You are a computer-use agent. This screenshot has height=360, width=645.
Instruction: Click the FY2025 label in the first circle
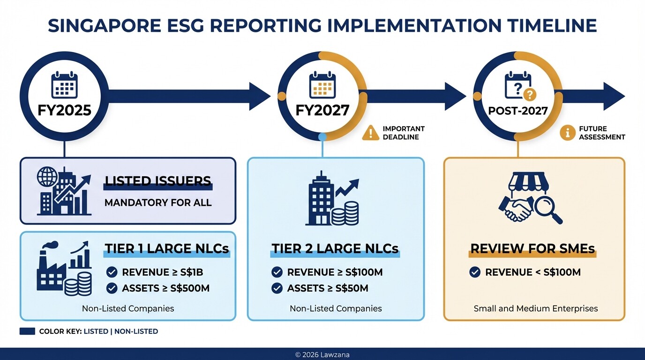click(x=64, y=110)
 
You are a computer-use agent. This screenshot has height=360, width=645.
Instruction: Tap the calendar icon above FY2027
click(x=322, y=85)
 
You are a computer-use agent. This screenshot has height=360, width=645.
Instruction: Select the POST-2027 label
click(x=518, y=111)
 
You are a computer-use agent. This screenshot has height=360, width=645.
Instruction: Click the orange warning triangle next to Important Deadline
click(x=370, y=133)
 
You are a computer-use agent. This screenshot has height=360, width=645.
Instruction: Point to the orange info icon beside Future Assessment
click(x=567, y=133)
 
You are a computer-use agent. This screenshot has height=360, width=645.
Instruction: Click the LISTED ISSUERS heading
click(x=157, y=181)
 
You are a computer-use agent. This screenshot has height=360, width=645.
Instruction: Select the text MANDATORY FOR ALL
click(x=158, y=203)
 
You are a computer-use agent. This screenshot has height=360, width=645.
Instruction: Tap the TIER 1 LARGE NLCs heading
click(x=167, y=248)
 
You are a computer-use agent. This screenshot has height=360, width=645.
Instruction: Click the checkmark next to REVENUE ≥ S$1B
click(x=112, y=272)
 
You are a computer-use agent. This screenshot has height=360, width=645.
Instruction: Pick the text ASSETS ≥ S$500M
click(x=165, y=288)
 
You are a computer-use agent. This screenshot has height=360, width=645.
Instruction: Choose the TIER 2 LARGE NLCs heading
click(x=335, y=248)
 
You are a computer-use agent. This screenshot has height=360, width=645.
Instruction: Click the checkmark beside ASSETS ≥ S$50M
click(x=277, y=288)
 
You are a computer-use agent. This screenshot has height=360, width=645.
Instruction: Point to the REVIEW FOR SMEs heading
click(x=532, y=248)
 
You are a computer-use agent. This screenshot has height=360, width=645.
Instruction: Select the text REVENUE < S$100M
click(x=533, y=272)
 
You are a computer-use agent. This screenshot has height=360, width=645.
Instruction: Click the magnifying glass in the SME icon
click(x=547, y=209)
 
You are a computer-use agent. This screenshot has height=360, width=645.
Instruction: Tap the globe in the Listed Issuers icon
click(x=47, y=177)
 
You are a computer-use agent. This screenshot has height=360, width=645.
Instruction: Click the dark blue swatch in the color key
click(x=27, y=331)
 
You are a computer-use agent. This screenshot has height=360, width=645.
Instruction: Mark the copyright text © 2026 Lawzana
click(x=322, y=355)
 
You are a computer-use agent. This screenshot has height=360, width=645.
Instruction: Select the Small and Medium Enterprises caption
click(x=535, y=308)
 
